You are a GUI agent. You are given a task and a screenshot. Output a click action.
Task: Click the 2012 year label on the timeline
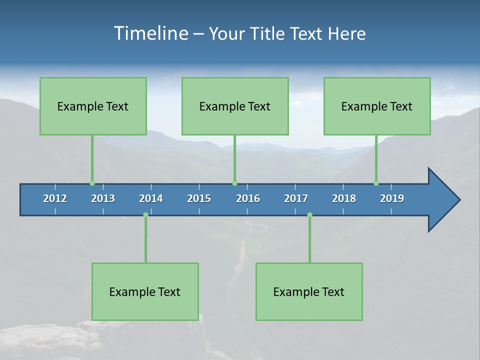point(55,198)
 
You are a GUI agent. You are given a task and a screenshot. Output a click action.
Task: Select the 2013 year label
point(103,198)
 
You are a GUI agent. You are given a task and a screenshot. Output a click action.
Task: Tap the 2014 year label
point(151,198)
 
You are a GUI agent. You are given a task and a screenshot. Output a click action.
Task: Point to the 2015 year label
point(199,198)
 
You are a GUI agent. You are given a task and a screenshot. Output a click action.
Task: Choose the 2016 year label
point(248,198)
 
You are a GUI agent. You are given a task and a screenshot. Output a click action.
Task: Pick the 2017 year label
point(296,198)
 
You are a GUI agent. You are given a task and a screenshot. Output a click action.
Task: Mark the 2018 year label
point(344,198)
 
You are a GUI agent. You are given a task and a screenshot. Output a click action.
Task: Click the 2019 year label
point(392,198)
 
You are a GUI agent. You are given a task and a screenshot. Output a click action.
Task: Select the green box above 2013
point(93,106)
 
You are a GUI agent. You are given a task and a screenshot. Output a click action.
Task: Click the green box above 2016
point(235,106)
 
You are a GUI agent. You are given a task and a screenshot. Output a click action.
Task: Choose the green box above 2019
point(377,106)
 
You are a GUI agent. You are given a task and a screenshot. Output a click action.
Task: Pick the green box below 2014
point(145,291)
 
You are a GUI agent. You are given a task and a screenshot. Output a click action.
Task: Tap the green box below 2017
point(309,291)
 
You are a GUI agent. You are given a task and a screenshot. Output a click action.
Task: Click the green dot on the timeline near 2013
point(92,183)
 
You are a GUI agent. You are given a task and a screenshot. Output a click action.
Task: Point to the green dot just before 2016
point(234,183)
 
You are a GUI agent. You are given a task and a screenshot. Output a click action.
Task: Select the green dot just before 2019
point(376,183)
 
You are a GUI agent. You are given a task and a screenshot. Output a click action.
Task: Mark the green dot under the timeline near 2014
point(145,214)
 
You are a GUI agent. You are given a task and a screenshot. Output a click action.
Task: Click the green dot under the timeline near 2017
point(309,214)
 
